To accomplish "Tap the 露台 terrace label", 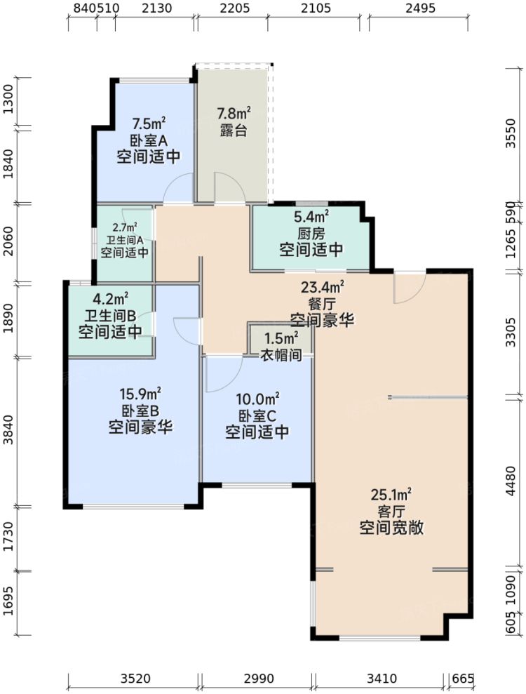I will (x=233, y=131).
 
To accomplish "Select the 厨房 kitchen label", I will (x=311, y=233).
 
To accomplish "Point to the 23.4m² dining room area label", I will (x=323, y=286).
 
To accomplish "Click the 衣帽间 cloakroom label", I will (x=281, y=356).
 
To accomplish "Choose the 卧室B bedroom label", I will (x=140, y=411).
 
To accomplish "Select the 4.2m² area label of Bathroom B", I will (x=110, y=298).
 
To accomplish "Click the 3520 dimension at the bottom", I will (x=135, y=679).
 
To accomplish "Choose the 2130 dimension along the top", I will (x=156, y=8).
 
